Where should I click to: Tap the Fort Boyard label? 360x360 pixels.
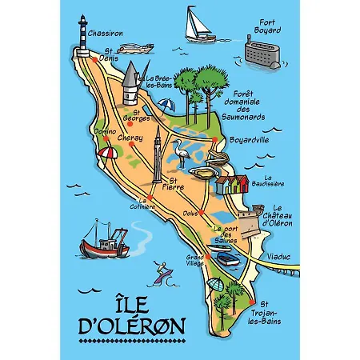265,26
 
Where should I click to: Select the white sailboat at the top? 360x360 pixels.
196,24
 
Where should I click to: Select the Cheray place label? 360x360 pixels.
131,137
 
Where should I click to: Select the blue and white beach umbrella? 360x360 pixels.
166,105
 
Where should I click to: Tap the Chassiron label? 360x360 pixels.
106,34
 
